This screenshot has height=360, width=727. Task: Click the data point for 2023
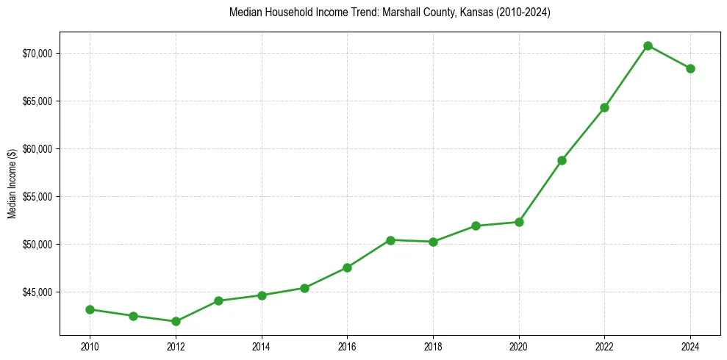click(x=648, y=46)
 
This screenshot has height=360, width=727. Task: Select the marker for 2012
click(x=176, y=321)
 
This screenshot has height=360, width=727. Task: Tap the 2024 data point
click(x=690, y=68)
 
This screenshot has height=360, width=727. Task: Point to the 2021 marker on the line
click(x=562, y=160)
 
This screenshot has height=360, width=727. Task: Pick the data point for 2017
click(x=390, y=240)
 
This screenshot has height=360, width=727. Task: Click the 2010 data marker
click(x=90, y=309)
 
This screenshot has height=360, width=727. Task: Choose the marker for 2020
click(x=519, y=222)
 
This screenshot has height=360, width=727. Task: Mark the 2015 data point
click(x=304, y=288)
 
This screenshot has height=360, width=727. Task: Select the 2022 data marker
click(x=604, y=107)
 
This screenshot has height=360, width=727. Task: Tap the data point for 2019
click(x=476, y=226)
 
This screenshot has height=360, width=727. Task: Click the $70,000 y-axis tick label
click(x=36, y=54)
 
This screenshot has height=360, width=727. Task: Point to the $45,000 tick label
click(x=36, y=292)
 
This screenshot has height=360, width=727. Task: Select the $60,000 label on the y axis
click(x=36, y=149)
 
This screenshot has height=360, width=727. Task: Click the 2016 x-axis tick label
click(x=347, y=345)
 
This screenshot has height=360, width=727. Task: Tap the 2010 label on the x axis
click(x=90, y=345)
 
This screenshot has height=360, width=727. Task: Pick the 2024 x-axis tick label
click(x=690, y=345)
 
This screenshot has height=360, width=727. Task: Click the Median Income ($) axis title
click(x=12, y=188)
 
